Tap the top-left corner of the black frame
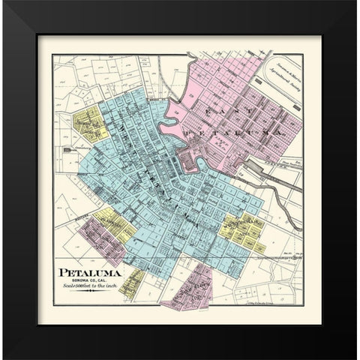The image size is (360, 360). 3,3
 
